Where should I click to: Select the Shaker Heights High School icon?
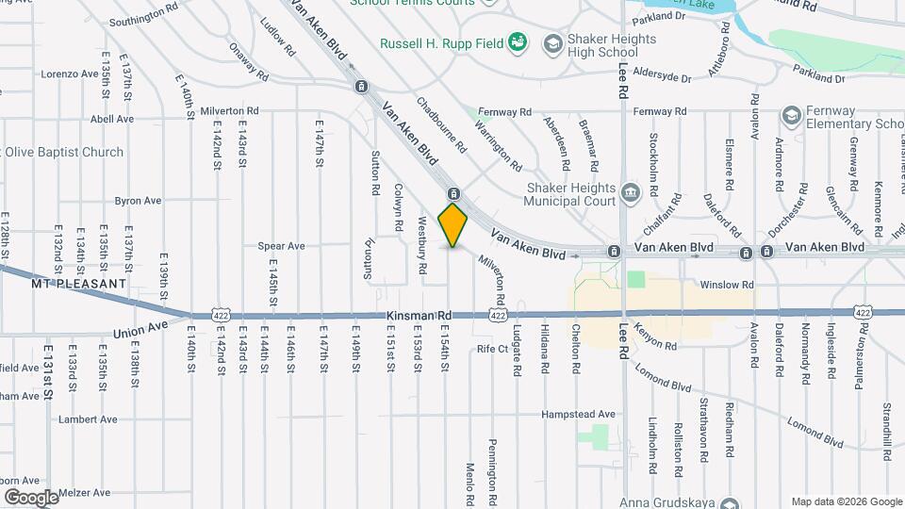(551, 43)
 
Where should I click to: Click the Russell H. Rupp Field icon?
(516, 42)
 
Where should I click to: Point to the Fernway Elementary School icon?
(791, 116)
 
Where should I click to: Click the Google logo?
(30, 497)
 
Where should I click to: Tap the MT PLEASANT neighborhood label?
(78, 283)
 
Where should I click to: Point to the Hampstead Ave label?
(579, 414)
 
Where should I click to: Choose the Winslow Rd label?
(727, 284)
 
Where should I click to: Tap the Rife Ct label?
(493, 349)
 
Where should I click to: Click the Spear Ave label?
(282, 246)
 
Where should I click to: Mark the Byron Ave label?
(139, 200)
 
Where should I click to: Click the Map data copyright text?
(845, 501)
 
